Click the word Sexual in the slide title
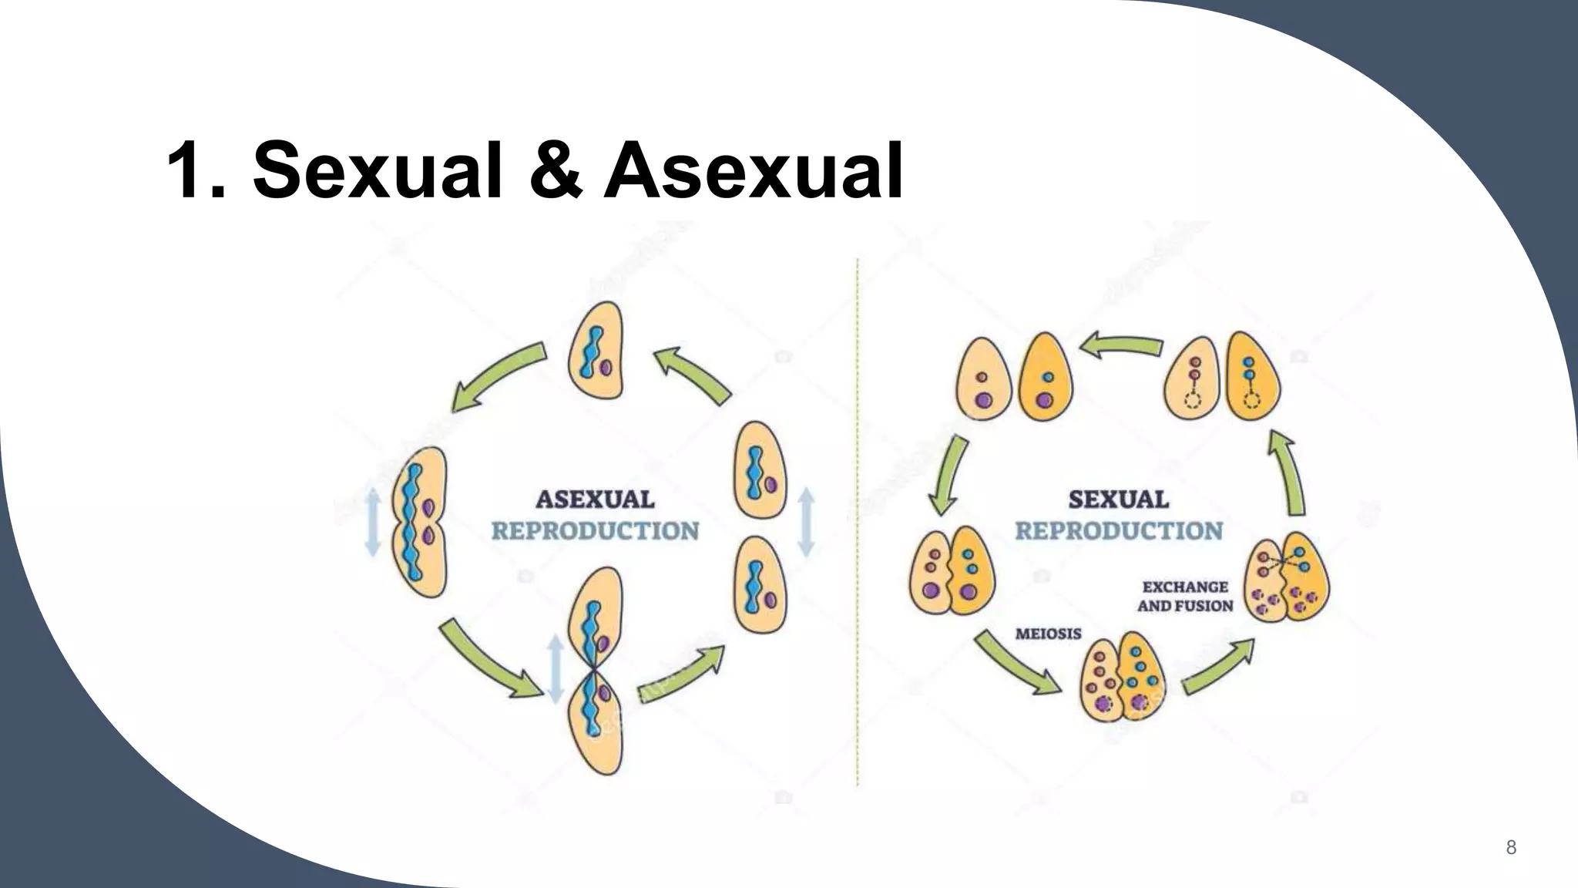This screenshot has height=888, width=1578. [x=378, y=170]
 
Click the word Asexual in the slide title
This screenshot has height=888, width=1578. [x=753, y=170]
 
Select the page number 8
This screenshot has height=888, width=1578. [x=1511, y=848]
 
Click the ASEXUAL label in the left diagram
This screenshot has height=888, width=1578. [x=595, y=499]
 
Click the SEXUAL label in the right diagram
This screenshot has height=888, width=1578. [x=1118, y=499]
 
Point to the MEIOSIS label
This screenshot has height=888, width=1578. [x=1048, y=634]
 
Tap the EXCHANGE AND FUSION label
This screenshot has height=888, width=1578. [x=1185, y=596]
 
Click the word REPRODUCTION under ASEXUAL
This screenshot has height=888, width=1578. [x=595, y=531]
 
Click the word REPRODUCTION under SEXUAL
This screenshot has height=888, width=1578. [x=1118, y=531]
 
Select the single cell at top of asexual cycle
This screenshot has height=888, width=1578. [x=596, y=351]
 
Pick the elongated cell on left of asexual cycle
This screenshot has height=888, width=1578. [x=419, y=522]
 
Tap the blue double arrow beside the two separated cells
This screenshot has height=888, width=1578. [x=806, y=522]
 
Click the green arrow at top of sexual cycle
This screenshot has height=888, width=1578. [x=1121, y=345]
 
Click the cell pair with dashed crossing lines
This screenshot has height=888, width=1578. [x=1287, y=577]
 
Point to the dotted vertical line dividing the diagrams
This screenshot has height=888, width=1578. [x=858, y=524]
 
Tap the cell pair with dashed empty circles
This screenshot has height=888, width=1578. [x=1221, y=376]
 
